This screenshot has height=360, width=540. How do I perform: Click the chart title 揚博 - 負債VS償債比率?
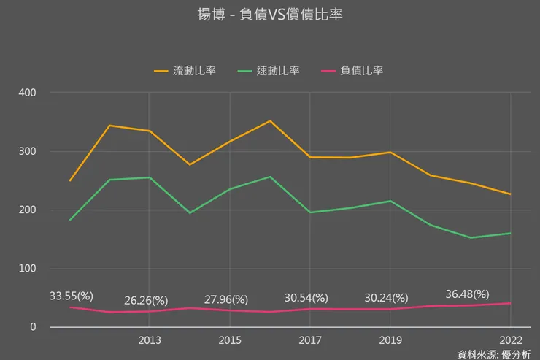pyautogui.click(x=270, y=15)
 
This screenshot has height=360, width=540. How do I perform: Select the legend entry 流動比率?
pyautogui.click(x=193, y=71)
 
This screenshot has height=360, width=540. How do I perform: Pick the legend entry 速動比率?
pyautogui.click(x=277, y=71)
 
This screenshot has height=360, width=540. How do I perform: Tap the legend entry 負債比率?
pyautogui.click(x=361, y=71)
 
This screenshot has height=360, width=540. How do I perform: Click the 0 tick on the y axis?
pyautogui.click(x=33, y=327)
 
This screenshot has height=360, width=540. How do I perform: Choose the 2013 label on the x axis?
pyautogui.click(x=150, y=340)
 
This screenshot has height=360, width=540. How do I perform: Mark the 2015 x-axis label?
pyautogui.click(x=230, y=340)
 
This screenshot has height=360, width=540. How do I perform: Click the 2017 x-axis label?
pyautogui.click(x=310, y=340)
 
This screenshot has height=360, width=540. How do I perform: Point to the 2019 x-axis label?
pyautogui.click(x=390, y=340)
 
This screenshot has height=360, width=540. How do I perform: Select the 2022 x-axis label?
pyautogui.click(x=510, y=340)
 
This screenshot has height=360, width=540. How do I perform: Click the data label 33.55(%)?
pyautogui.click(x=72, y=296)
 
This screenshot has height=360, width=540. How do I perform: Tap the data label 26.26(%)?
pyautogui.click(x=146, y=300)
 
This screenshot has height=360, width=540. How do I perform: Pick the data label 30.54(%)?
pyautogui.click(x=306, y=298)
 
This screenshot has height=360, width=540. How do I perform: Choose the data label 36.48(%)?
pyautogui.click(x=467, y=294)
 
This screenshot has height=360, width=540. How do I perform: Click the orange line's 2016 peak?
pyautogui.click(x=270, y=121)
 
